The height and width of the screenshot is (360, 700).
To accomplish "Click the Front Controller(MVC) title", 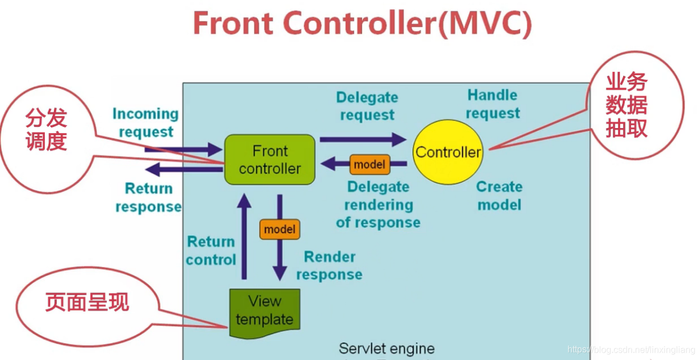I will tap(362, 24).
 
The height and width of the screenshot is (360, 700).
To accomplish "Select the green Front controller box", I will tap(269, 160).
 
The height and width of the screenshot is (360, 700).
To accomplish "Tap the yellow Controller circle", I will tap(447, 152).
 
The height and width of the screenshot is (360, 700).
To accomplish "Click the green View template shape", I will tap(264, 312).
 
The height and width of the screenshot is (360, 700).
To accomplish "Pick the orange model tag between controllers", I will tap(369, 164).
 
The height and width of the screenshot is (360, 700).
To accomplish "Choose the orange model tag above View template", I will tap(279, 229).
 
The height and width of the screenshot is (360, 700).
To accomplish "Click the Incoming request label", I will tap(145, 123).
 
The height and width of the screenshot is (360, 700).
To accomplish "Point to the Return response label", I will tap(148, 198).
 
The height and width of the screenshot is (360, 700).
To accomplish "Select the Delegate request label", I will tap(367, 106).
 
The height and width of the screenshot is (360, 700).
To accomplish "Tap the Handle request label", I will tap(492, 104).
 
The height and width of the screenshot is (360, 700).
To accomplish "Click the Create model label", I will tap(499, 195).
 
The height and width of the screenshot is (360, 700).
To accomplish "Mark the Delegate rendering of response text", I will tap(378, 204).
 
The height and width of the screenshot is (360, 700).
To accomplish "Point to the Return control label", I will tap(211, 250).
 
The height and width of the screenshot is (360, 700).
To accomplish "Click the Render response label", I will tap(330, 266).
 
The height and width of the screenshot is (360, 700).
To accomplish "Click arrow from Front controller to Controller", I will tap(363, 139).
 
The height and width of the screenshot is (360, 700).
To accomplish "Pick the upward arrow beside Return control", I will tap(244, 236).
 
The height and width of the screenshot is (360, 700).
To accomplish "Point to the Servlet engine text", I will tap(386, 348).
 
